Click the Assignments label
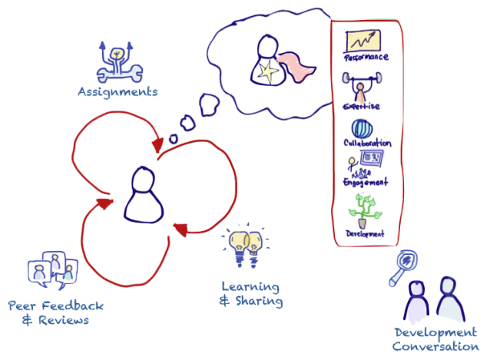(x=117, y=92)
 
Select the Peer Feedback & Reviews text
(x=55, y=312)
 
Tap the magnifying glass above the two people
(x=402, y=266)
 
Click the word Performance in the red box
(x=366, y=57)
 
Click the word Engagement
(x=366, y=182)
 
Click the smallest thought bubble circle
(x=174, y=139)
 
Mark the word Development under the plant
(x=365, y=233)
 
